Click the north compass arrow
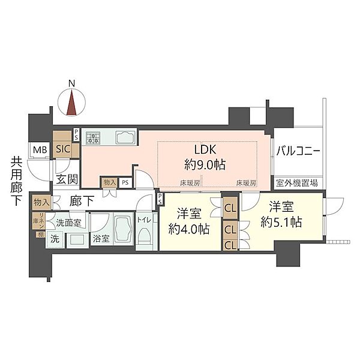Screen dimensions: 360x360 tap(72, 101)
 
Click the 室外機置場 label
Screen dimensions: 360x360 tap(297, 183)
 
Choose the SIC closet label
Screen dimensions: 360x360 tap(62, 150)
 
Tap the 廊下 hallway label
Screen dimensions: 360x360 tap(82, 202)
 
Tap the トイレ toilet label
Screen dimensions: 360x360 tap(144, 220)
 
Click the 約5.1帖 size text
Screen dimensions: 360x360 tap(281, 221)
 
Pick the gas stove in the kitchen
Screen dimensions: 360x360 tap(93, 139)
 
